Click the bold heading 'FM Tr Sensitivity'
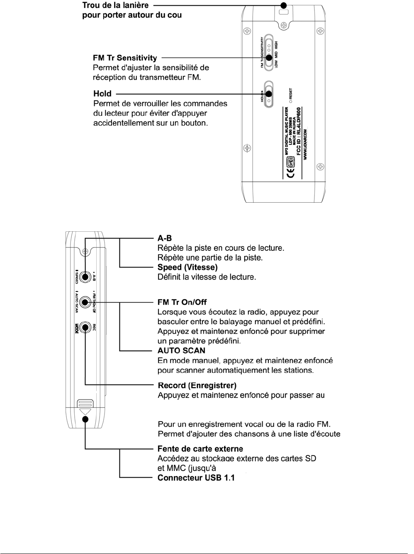(125, 58)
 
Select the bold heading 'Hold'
(102, 94)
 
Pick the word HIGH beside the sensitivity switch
(276, 47)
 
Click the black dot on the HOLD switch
(269, 94)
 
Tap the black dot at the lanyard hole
(284, 5)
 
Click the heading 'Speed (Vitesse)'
(188, 267)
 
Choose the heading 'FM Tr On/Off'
(182, 302)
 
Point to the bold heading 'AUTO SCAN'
(181, 351)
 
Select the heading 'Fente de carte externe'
(200, 449)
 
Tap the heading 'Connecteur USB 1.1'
(196, 478)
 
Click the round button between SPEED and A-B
(85, 277)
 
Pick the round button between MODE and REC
(85, 327)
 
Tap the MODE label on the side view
(77, 328)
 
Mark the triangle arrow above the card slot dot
(85, 411)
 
